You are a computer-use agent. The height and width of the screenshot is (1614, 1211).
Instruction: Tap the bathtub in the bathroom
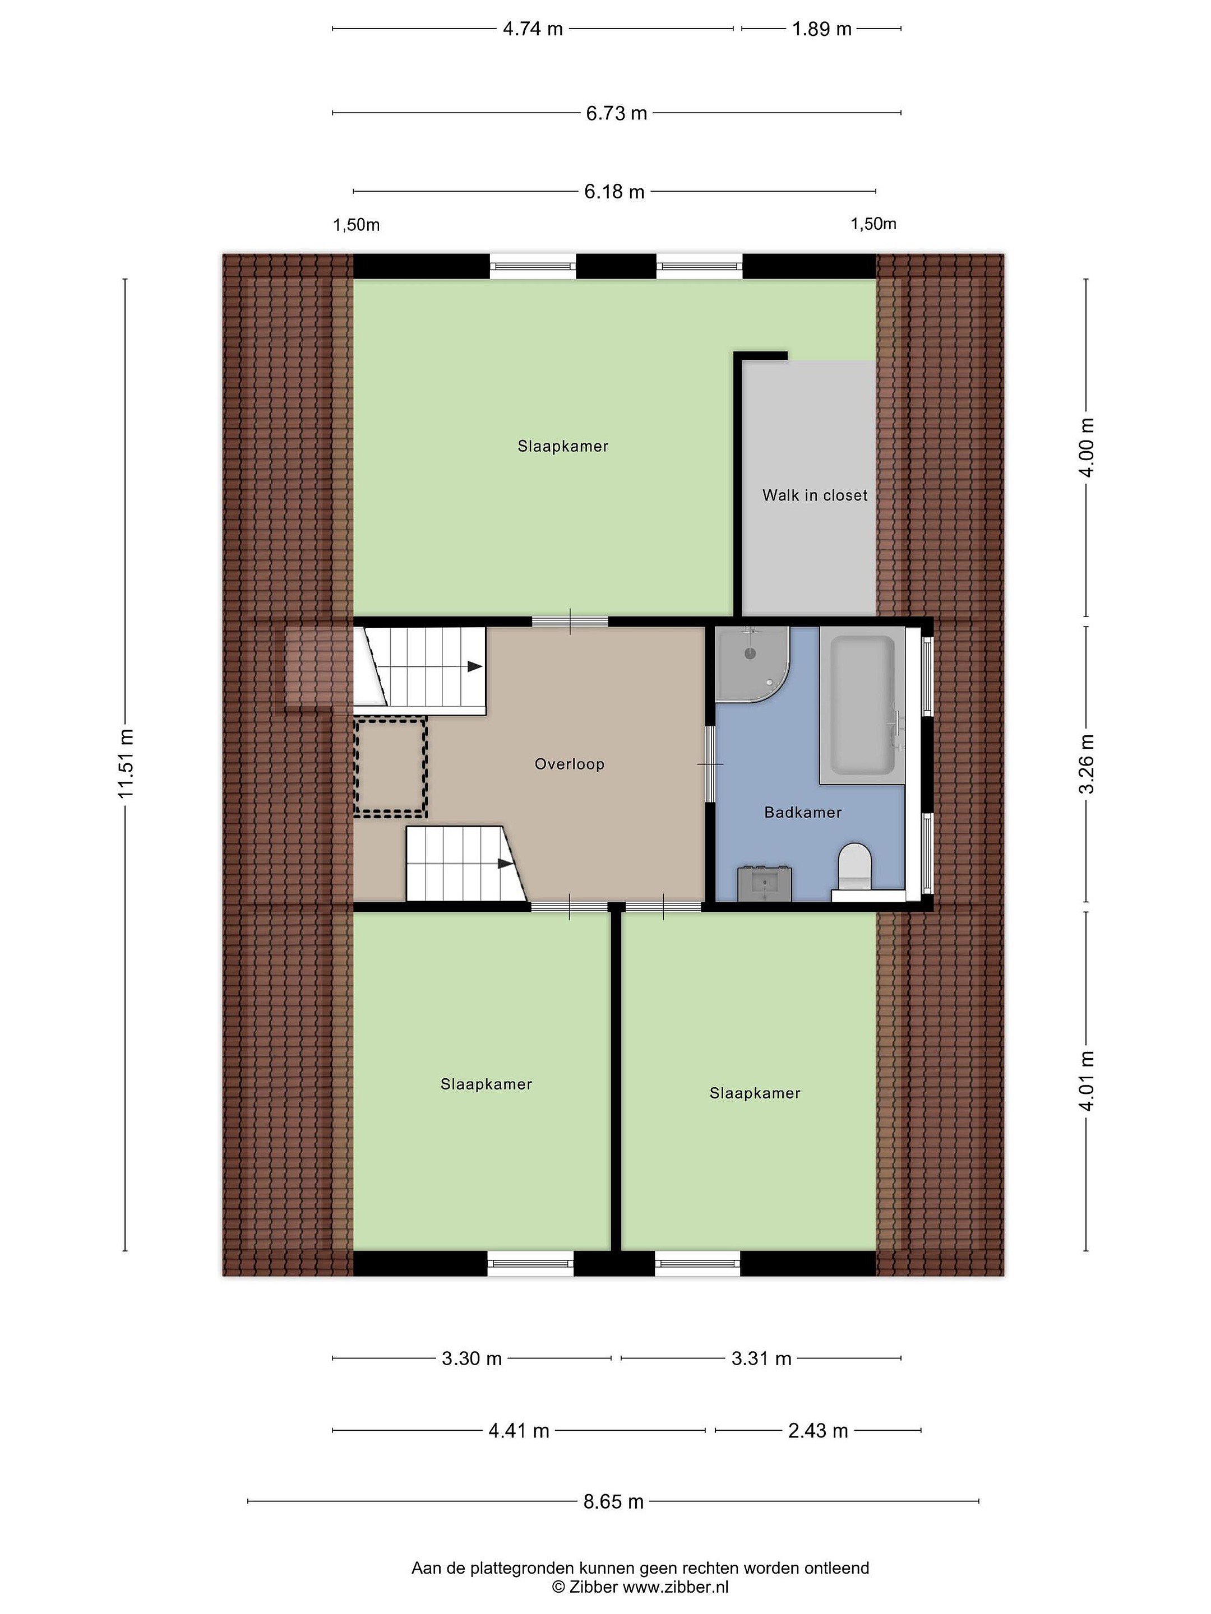pyautogui.click(x=863, y=705)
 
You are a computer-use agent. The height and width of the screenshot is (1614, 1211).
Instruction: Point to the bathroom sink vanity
pyautogui.click(x=764, y=884)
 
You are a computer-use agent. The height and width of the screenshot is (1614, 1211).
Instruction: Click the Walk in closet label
pyautogui.click(x=815, y=495)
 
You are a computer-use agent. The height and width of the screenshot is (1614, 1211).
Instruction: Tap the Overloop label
pyautogui.click(x=570, y=764)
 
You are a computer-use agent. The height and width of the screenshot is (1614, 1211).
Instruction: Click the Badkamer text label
pyautogui.click(x=803, y=812)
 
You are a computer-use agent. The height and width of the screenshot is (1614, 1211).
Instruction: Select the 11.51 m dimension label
pyautogui.click(x=126, y=763)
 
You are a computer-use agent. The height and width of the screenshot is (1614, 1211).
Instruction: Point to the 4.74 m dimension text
pyautogui.click(x=533, y=29)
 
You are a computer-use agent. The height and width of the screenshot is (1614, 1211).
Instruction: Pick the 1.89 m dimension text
pyautogui.click(x=822, y=29)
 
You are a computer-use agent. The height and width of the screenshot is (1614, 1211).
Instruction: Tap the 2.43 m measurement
pyautogui.click(x=817, y=1430)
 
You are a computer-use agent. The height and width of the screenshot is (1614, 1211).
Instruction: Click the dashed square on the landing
pyautogui.click(x=391, y=767)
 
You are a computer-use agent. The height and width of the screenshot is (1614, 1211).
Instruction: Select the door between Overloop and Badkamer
pyautogui.click(x=710, y=764)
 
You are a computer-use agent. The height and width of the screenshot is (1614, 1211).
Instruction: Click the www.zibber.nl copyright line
pyautogui.click(x=640, y=1587)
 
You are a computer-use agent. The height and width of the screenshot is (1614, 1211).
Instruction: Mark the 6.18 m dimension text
pyautogui.click(x=614, y=191)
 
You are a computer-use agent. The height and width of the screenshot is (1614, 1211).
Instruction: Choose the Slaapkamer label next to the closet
pyautogui.click(x=563, y=446)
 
